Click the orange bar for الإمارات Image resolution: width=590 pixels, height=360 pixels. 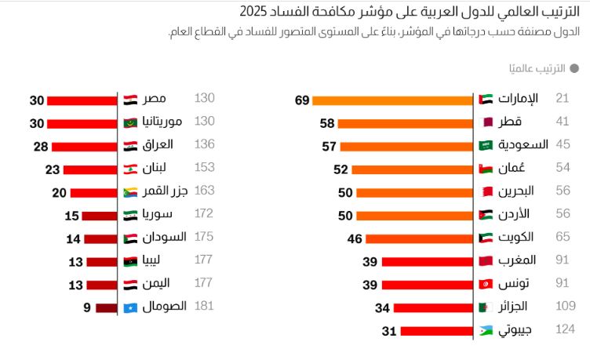[x=392, y=100]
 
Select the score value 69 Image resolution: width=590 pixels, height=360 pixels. [x=302, y=100]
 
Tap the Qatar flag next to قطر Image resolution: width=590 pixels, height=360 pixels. [x=486, y=122]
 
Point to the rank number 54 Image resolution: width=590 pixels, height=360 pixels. [x=562, y=168]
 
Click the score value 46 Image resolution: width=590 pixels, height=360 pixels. [x=355, y=238]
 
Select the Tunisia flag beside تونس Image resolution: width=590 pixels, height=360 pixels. [x=486, y=284]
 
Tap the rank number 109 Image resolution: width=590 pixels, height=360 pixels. [x=564, y=307]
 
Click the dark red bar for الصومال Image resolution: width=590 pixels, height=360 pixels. [x=107, y=307]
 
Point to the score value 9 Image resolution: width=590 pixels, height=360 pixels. [x=87, y=307]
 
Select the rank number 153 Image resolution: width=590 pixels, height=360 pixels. [x=204, y=168]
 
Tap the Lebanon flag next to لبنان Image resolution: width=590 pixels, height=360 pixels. [x=131, y=169]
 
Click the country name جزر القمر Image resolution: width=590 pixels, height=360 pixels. [x=166, y=191]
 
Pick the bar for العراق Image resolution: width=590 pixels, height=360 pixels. [x=85, y=146]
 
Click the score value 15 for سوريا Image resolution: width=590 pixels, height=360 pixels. [x=72, y=215]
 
